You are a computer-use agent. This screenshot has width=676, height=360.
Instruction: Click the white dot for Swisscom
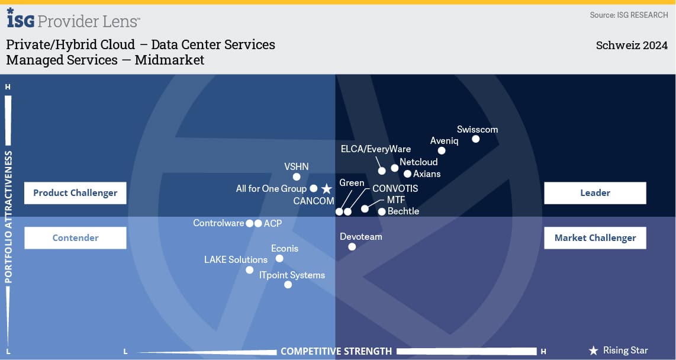[475, 139]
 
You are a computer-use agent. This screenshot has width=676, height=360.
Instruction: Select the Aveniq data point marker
[442, 150]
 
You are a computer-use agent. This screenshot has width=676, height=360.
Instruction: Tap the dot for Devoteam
[352, 247]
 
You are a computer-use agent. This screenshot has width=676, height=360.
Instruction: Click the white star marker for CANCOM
[326, 189]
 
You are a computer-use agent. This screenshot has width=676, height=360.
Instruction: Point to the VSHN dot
[297, 176]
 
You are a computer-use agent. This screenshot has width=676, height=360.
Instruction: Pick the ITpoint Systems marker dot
[288, 285]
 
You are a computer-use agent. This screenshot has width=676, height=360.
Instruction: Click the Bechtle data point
[382, 211]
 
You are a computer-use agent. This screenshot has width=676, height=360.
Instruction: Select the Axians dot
[407, 174]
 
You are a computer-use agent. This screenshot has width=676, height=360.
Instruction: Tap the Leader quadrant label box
[595, 193]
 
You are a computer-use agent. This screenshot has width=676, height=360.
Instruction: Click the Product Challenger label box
[75, 193]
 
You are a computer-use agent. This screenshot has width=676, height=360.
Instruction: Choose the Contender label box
[75, 238]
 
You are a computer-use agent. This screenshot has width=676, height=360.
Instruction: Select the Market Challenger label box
[595, 238]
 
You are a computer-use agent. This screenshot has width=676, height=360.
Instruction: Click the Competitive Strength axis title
[336, 351]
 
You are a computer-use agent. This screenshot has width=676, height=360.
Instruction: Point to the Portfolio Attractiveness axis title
[9, 217]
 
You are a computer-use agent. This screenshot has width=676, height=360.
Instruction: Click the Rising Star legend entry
[619, 351]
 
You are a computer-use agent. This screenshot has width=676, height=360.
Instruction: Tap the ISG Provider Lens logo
[73, 20]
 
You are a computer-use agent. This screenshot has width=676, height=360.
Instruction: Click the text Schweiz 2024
[632, 46]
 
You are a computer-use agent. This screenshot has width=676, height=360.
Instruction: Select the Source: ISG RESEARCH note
[629, 15]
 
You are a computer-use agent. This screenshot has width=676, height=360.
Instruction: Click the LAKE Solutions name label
[236, 259]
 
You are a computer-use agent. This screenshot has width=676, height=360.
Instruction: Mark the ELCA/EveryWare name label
[376, 149]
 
